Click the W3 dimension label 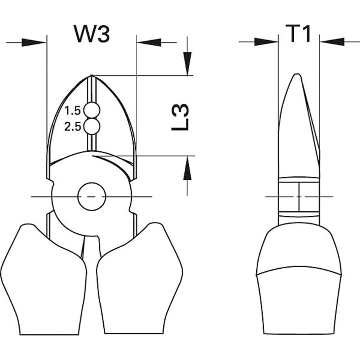92,34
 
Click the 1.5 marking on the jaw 72,111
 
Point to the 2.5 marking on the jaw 73,127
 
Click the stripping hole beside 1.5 92,111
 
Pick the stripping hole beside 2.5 92,126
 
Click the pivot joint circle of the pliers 91,197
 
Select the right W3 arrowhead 149,42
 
